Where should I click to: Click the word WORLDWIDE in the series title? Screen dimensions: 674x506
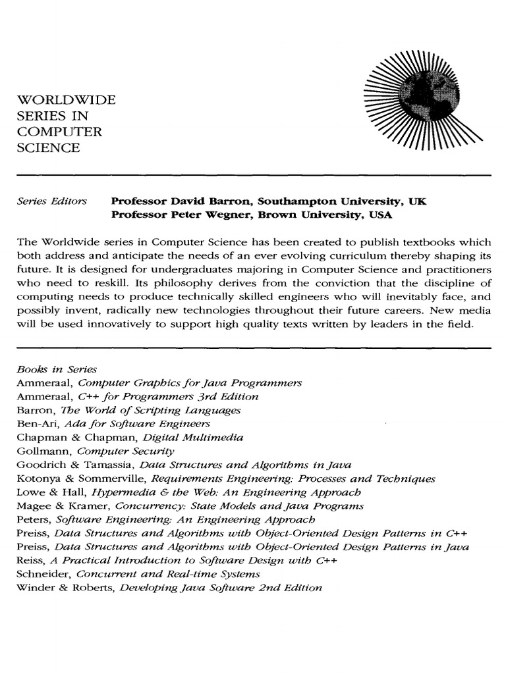click(65, 101)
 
